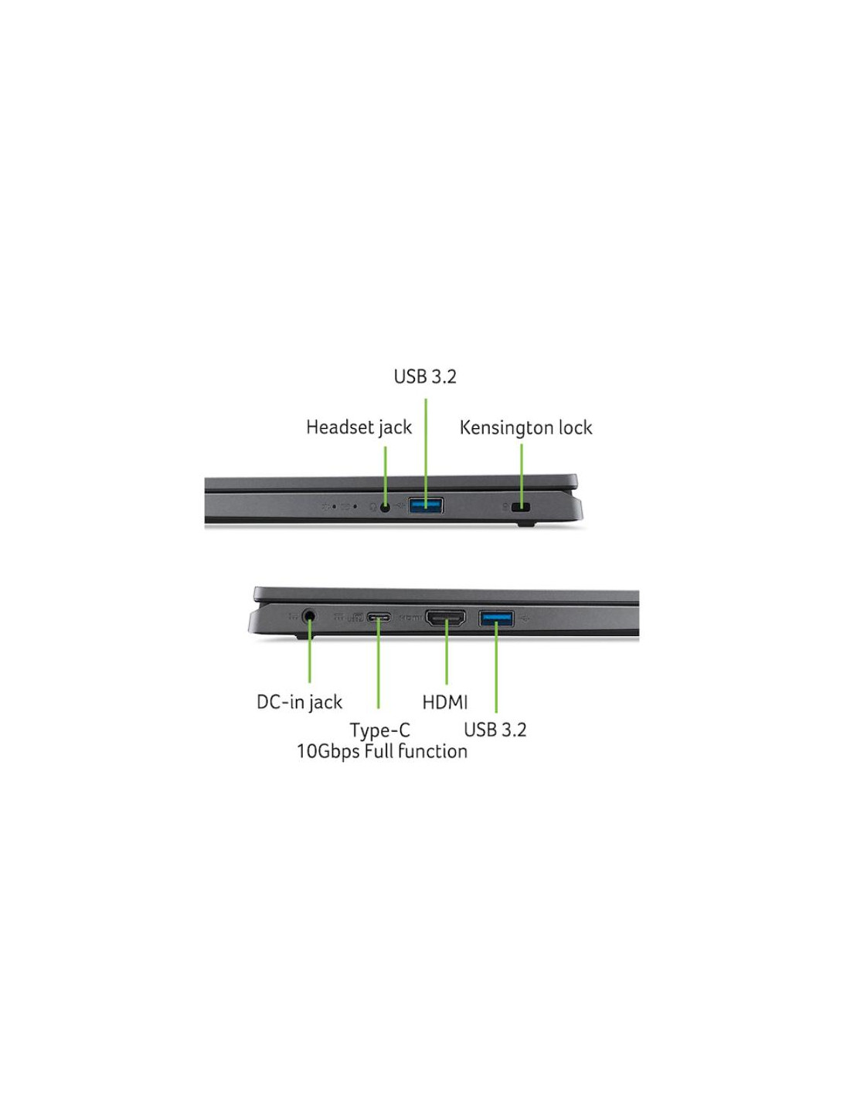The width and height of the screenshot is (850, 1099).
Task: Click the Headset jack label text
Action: tap(359, 427)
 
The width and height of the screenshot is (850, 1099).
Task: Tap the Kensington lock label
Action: tap(525, 428)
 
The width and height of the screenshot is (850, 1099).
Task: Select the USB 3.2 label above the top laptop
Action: tap(425, 376)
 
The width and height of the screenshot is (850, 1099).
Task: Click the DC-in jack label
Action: tap(299, 702)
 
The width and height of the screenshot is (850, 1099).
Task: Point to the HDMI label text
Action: tap(444, 703)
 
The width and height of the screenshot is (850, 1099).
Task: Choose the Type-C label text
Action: tap(379, 730)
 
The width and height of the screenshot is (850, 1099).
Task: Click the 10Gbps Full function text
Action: tap(382, 751)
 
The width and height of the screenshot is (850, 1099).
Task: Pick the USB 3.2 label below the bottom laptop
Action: tap(495, 730)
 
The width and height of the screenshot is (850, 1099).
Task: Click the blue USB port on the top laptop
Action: tap(426, 505)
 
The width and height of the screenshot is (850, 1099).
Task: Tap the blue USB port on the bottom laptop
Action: tap(496, 618)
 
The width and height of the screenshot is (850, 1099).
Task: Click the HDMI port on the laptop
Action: tap(446, 618)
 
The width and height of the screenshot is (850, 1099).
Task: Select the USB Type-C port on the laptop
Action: tap(378, 618)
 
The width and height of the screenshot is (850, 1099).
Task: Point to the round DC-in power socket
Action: tap(309, 616)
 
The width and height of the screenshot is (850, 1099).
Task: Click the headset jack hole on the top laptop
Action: tap(385, 506)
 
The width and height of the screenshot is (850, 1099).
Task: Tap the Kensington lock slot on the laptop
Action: tap(522, 507)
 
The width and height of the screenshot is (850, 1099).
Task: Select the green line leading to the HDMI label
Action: tap(446, 652)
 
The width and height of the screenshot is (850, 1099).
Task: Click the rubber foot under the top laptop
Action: tap(525, 525)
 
